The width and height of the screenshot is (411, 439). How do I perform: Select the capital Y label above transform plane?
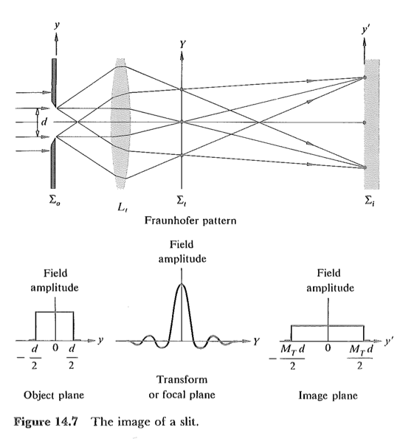[181, 44]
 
